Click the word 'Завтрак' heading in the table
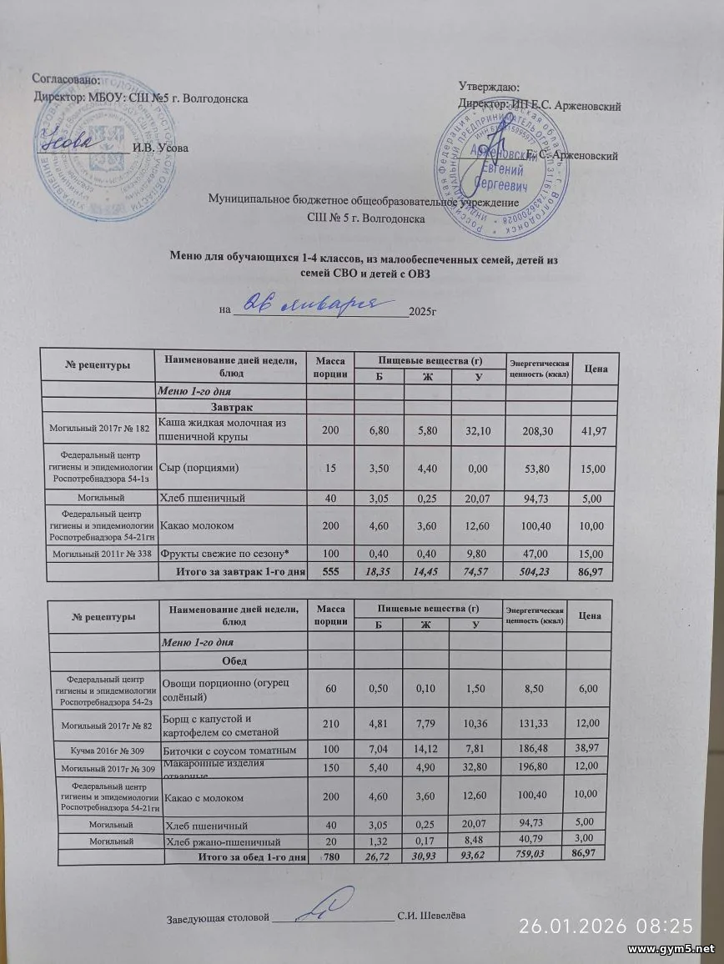tap(231, 406)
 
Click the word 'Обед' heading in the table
tap(233, 660)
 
